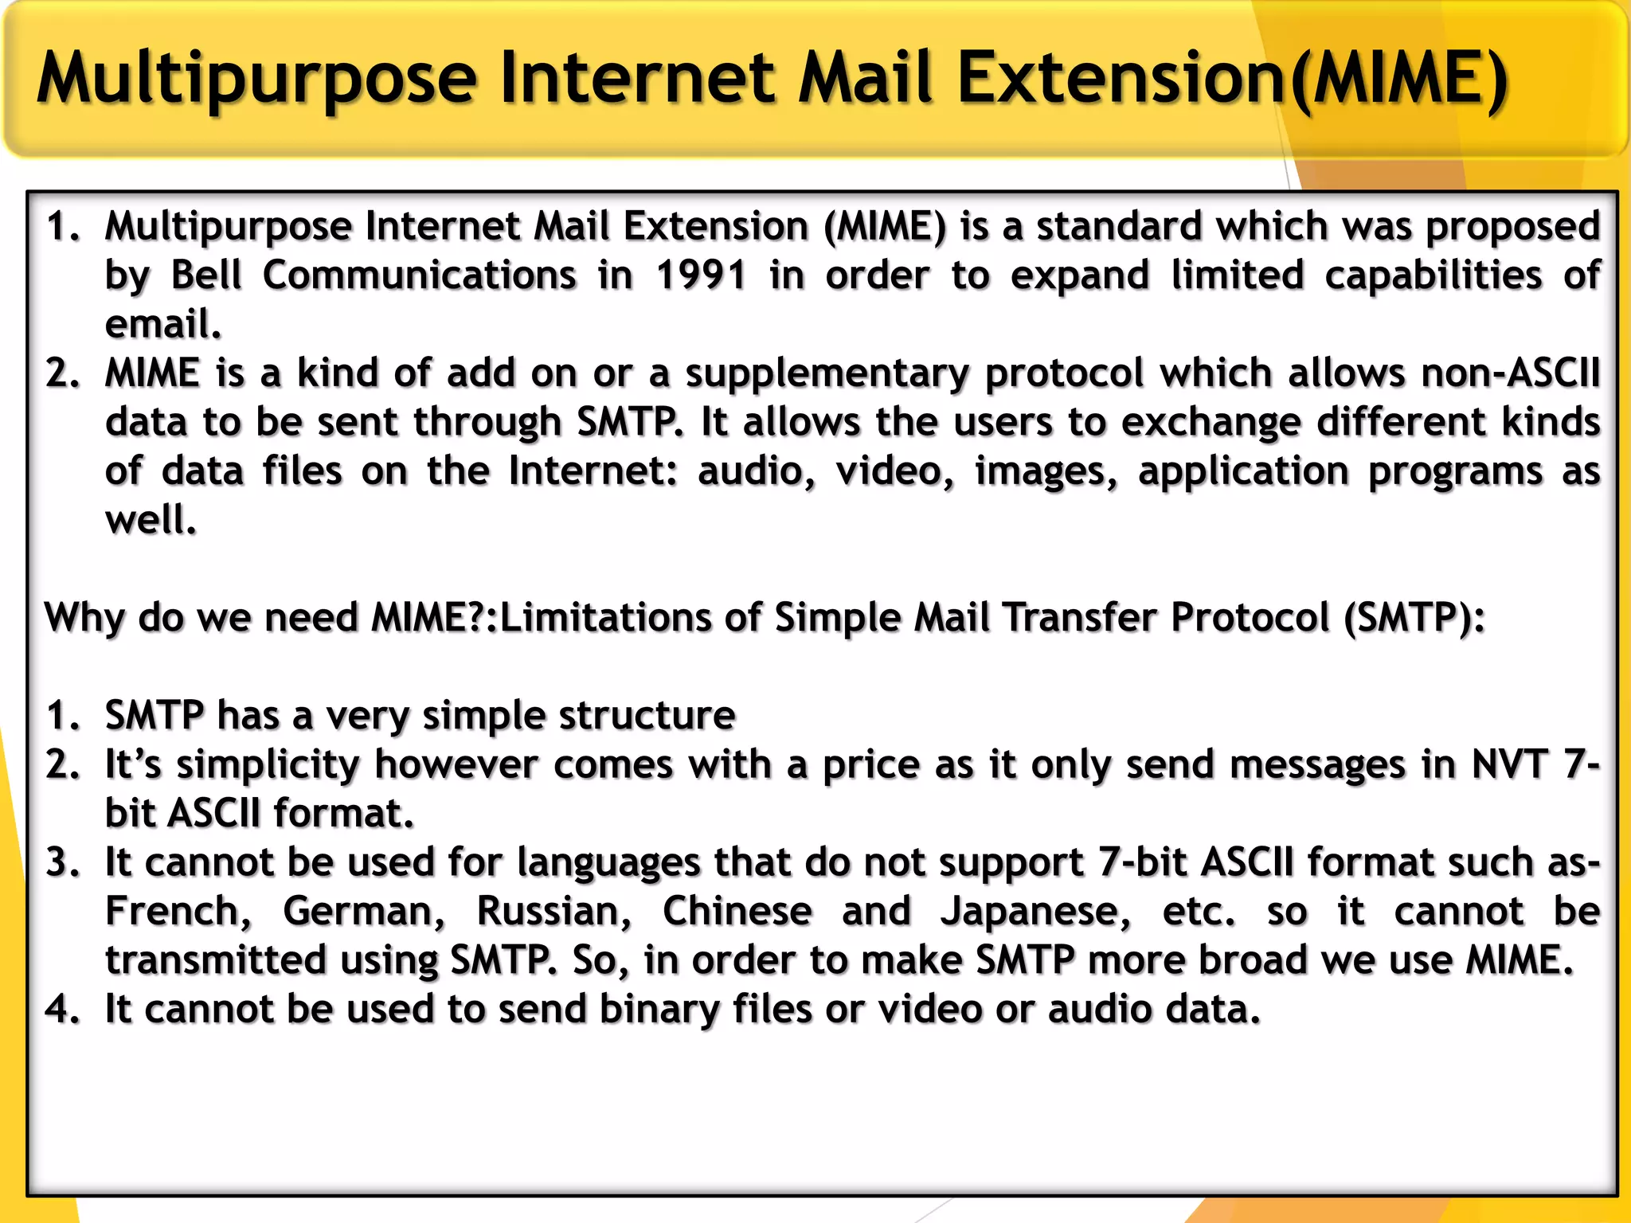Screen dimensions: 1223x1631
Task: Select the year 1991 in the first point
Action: [x=701, y=275]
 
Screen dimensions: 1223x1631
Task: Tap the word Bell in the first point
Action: [x=206, y=275]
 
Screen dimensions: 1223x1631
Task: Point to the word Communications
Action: [x=420, y=275]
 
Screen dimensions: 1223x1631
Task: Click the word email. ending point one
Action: [x=163, y=324]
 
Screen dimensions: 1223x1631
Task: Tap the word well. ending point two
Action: [x=151, y=520]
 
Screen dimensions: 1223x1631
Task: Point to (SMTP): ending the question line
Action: [x=1414, y=618]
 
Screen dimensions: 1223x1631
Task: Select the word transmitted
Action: [x=216, y=960]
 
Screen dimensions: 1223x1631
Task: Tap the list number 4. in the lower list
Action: [x=63, y=1010]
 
